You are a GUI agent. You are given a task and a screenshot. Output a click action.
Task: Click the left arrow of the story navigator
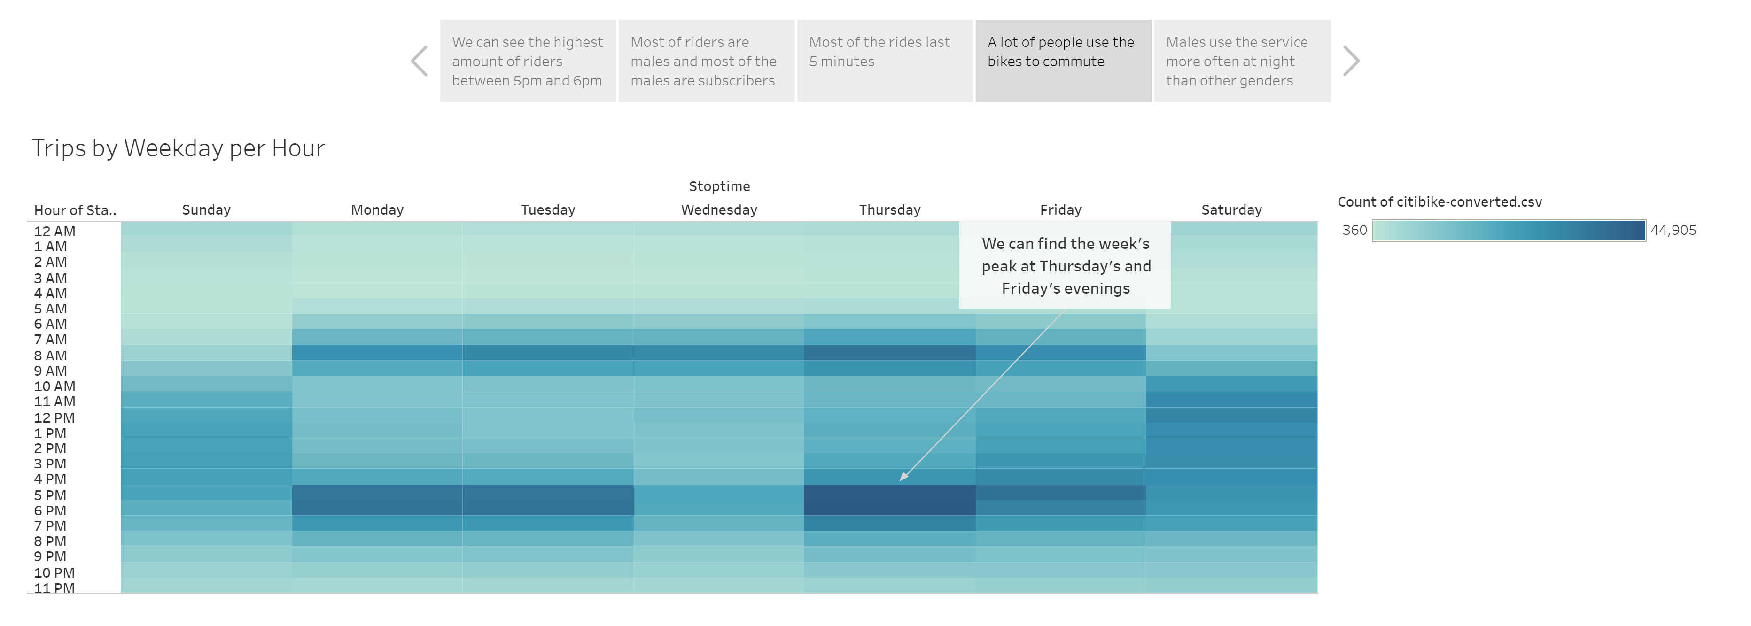(420, 61)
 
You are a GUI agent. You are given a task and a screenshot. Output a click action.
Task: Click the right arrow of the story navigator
(1351, 61)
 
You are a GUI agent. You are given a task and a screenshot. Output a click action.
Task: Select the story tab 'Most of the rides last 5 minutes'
(884, 61)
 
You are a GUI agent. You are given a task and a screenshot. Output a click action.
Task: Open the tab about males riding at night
(1241, 61)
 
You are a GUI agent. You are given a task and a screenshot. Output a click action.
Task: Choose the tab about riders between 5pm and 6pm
(528, 61)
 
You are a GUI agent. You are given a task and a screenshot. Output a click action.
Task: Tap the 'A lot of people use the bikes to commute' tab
(1063, 61)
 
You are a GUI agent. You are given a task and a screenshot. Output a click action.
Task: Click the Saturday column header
(1231, 210)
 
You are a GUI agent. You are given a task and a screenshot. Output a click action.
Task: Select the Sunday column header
(206, 210)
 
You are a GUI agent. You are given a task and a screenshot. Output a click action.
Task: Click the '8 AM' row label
(51, 356)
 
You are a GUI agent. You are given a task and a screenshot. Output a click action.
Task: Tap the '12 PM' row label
(54, 418)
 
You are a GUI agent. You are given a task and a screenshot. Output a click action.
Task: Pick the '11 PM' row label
(54, 588)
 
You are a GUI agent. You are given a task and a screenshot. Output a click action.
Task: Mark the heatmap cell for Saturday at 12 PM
(1231, 415)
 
